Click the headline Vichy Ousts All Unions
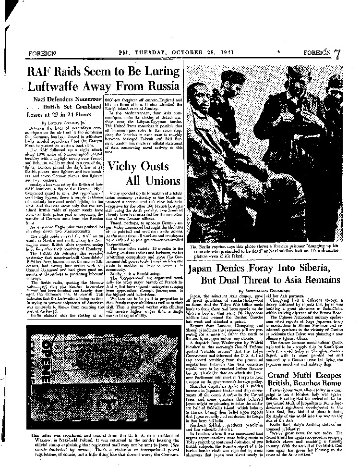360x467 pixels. (x=139, y=173)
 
